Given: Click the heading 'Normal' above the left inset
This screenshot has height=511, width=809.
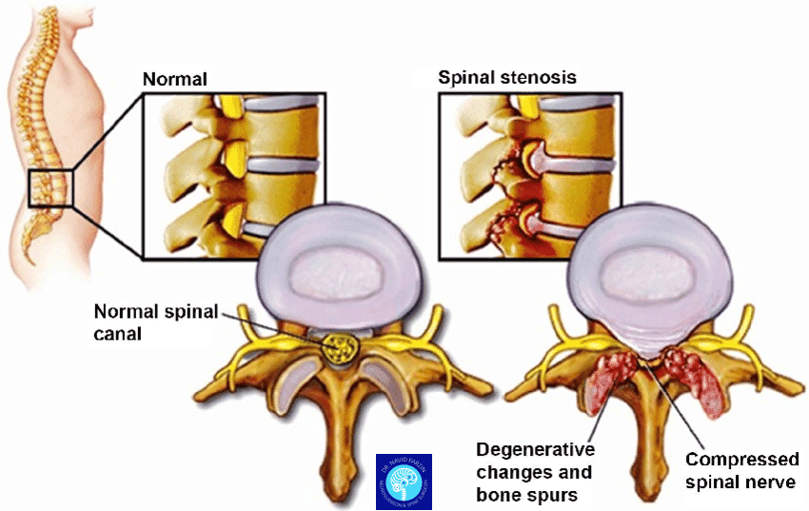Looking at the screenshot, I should (175, 78).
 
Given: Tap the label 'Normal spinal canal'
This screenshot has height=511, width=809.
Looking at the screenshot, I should (156, 321).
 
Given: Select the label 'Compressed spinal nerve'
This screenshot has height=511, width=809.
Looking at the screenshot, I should (741, 471).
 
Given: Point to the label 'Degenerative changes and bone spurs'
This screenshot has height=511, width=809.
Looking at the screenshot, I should (535, 471).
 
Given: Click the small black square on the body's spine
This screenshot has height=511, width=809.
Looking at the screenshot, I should (49, 187).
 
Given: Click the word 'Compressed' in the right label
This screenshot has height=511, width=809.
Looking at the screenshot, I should (741, 461).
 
